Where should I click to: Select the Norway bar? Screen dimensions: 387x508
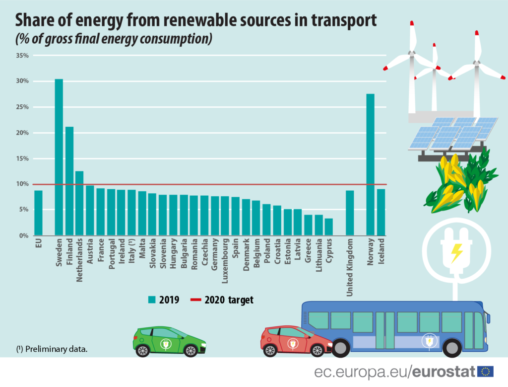click(x=370, y=164)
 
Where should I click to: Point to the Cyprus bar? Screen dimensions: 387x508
click(x=328, y=227)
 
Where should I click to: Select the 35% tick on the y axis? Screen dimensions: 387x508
click(x=23, y=56)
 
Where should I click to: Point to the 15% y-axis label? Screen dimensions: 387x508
click(x=23, y=159)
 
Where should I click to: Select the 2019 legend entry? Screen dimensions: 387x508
click(x=164, y=300)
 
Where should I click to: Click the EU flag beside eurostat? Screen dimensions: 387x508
click(x=485, y=371)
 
